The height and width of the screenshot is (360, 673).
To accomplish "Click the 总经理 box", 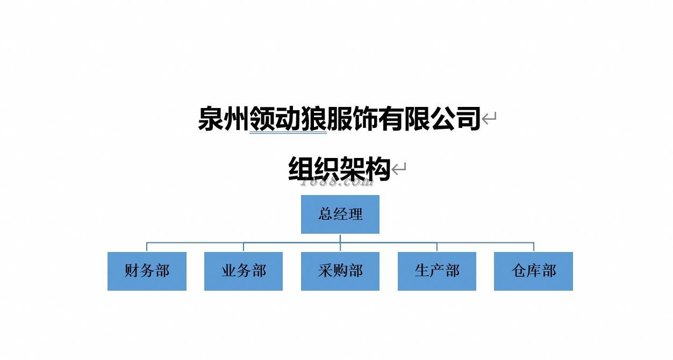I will tap(340, 214).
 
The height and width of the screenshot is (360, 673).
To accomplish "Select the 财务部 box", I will tap(147, 271).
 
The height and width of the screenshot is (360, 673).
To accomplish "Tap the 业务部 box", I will tap(244, 271).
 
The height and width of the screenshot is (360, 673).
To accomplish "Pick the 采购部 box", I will tap(340, 271).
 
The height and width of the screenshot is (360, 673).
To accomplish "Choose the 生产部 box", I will tap(436, 271).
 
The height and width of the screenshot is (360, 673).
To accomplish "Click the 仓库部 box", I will tap(533, 271).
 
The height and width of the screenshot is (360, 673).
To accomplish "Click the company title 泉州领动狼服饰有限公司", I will tap(339, 119).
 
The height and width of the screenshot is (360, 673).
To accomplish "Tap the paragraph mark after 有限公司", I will tap(489, 119).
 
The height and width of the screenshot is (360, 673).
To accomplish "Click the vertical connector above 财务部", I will tap(147, 247).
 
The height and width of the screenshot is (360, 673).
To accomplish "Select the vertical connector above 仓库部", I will tap(533, 247).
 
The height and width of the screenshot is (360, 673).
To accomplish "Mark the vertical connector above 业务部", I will tap(244, 247).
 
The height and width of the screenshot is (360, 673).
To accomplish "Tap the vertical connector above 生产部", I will tap(436, 247).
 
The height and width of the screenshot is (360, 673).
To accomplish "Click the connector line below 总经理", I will tap(340, 238).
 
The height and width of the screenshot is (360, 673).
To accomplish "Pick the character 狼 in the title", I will tap(313, 119).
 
